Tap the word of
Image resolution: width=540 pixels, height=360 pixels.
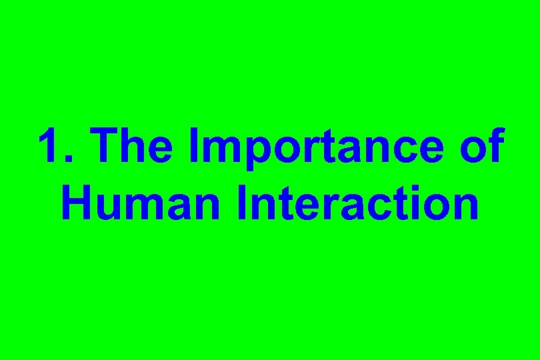pos(482,147)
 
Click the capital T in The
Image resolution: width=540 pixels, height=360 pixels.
pos(107,147)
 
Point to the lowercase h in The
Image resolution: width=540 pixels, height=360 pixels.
pos(138,147)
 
